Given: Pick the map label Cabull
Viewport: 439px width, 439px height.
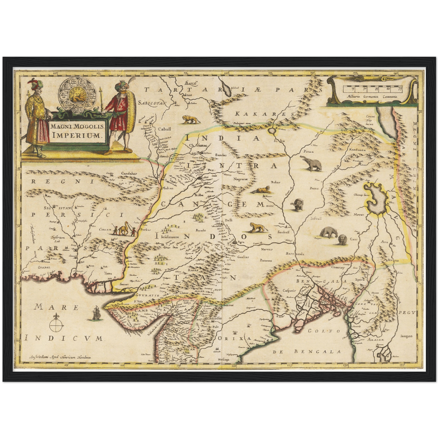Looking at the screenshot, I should (x=164, y=129).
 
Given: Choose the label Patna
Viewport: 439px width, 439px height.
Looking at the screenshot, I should (x=314, y=188).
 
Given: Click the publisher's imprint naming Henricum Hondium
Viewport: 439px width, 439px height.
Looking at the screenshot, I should (x=59, y=357).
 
